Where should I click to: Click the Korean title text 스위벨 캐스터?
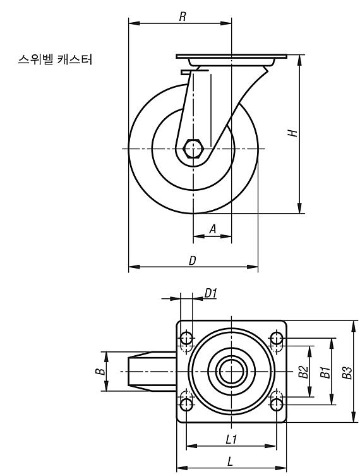coord(55,59)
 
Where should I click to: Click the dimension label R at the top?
coord(182,17)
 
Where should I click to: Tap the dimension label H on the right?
coord(292,133)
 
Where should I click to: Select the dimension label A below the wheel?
coord(213,229)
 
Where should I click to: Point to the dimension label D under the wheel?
coord(193,260)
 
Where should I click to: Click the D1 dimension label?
coord(210,293)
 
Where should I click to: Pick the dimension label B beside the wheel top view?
coord(101,371)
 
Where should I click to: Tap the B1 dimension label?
coord(325,372)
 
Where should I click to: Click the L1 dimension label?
coord(231,439)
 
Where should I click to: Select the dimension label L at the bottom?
coord(231,461)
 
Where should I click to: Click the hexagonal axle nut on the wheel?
coord(193,149)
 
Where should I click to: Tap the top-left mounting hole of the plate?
coord(186,339)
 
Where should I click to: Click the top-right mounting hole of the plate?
coord(276,338)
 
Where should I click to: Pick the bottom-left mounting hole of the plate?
coord(186,404)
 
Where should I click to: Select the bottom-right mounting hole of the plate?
coord(277,404)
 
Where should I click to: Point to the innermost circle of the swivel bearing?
coord(231,372)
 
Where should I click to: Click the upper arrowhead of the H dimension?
coord(299,60)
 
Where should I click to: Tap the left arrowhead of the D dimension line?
coord(135,267)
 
